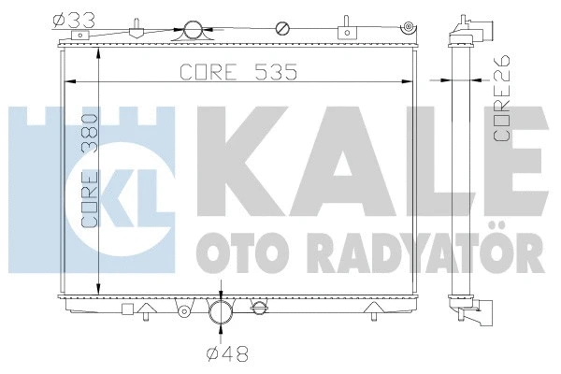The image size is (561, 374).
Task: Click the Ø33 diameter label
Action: point(74,21)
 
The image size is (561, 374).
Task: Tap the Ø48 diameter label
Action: point(227,354)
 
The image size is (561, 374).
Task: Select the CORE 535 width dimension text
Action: point(238,72)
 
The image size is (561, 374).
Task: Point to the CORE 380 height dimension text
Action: point(90,171)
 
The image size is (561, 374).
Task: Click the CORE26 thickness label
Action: point(501,97)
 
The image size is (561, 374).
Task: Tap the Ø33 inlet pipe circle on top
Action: point(193,31)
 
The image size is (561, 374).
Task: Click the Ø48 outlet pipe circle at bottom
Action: point(220,311)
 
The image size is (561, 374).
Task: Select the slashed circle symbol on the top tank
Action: point(282,29)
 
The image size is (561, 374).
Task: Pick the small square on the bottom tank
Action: point(127,309)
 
